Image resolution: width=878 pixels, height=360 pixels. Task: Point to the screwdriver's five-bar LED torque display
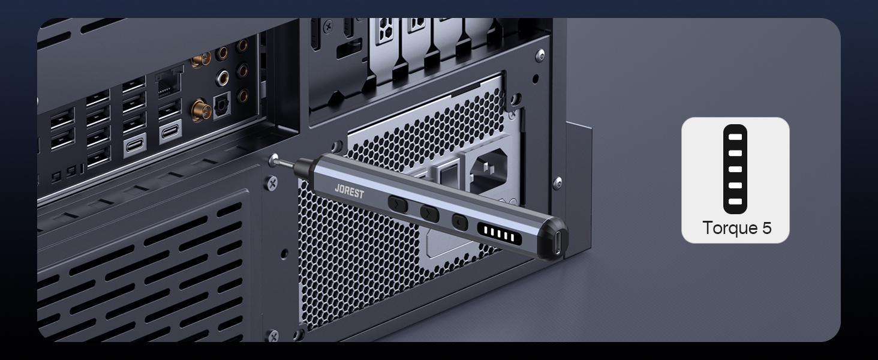499,233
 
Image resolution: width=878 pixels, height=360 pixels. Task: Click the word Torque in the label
729,228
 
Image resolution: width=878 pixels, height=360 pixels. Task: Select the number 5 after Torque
766,228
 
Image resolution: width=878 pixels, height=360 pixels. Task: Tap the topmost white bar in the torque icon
735,137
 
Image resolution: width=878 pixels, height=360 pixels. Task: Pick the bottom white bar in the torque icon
735,202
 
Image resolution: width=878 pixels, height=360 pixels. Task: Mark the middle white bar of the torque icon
735,169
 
